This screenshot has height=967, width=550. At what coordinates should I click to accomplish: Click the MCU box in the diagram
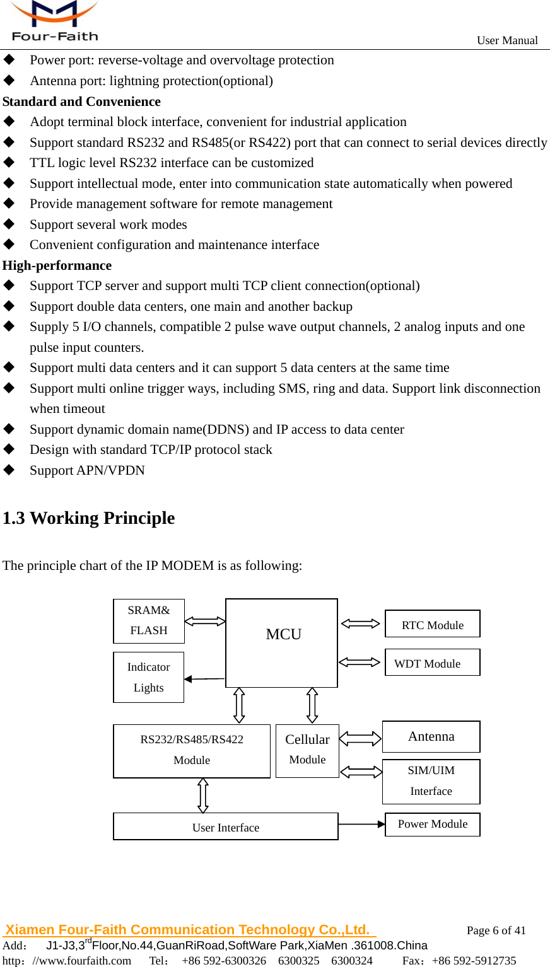[281, 642]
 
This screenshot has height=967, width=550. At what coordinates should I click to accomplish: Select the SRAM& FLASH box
[149, 621]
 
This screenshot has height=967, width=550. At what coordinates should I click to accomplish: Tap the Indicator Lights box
[149, 677]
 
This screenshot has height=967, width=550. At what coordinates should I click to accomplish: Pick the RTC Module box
[433, 624]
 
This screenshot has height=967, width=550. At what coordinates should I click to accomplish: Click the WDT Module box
[433, 663]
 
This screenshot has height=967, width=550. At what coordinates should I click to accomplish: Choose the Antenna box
[431, 736]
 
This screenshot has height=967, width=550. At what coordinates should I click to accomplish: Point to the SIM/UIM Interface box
[431, 781]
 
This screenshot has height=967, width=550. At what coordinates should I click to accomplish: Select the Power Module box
[433, 824]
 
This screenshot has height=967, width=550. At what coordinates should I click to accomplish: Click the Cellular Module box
[307, 750]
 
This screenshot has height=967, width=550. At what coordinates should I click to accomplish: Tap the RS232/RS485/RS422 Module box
[192, 751]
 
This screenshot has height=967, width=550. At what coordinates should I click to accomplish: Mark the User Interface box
[226, 826]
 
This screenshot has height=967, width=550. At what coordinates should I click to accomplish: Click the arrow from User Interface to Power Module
[361, 824]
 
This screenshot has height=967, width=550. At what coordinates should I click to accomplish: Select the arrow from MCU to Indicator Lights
[204, 679]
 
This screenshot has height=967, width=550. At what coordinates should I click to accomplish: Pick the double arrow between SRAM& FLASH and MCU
[205, 622]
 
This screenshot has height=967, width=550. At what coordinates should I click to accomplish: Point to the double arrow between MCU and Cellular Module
[312, 705]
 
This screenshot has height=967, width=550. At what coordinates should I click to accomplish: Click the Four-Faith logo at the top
[55, 21]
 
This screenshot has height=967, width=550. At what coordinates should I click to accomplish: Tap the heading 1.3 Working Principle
[89, 518]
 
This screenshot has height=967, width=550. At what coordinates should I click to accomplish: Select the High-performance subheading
[57, 265]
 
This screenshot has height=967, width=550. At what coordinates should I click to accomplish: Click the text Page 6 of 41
[496, 930]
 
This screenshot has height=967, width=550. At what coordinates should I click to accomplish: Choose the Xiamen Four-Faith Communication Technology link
[188, 930]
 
